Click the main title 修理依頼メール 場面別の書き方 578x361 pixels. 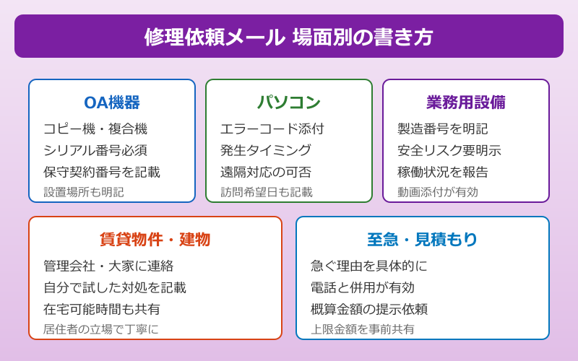[289, 37]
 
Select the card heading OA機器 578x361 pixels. [112, 103]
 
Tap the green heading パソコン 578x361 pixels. [289, 103]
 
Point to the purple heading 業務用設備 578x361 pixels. [466, 103]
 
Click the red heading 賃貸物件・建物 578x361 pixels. [155, 240]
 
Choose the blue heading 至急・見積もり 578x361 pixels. [423, 240]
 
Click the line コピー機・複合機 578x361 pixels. [95, 129]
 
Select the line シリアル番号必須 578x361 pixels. [95, 151]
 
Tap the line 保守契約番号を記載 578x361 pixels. [102, 173]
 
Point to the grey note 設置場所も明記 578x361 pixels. [84, 192]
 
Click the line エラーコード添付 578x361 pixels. [272, 129]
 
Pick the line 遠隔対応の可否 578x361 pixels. [266, 173]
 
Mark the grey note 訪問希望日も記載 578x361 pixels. [267, 192]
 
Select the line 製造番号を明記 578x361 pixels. [443, 129]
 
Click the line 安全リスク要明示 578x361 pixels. [449, 151]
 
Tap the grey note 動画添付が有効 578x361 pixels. [438, 192]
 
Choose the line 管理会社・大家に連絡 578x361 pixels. [108, 266]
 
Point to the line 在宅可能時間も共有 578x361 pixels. [102, 310]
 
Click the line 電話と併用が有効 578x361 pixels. [363, 288]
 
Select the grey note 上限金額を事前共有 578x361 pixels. [363, 329]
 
